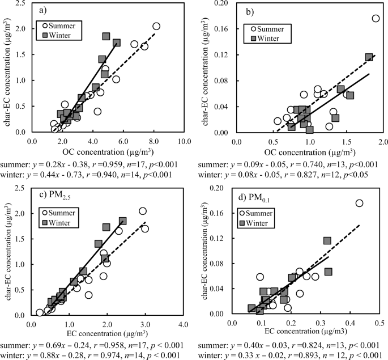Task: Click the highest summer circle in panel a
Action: click(x=156, y=26)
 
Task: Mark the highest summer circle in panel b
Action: click(x=376, y=18)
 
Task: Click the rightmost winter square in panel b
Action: click(x=369, y=57)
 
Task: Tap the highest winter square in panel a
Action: click(x=106, y=36)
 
